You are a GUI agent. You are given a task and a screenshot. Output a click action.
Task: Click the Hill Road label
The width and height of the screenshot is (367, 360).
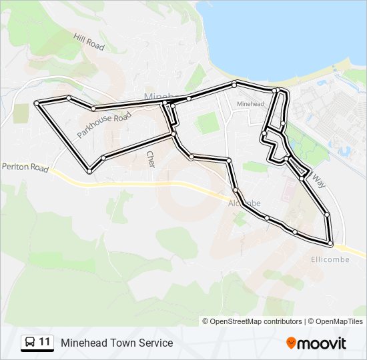[x=90, y=43]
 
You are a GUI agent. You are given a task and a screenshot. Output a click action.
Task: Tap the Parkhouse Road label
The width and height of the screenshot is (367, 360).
[x=103, y=125]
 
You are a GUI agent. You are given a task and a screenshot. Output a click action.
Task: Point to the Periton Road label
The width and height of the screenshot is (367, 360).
[x=25, y=167]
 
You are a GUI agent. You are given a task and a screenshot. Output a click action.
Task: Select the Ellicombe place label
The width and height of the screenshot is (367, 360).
[x=330, y=259]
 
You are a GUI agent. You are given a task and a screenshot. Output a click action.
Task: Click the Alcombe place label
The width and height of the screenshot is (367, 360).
[x=244, y=203]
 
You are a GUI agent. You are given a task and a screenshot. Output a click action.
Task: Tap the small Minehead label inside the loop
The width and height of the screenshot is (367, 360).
[x=250, y=105]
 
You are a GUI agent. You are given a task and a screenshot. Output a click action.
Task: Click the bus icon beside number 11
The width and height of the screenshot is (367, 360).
[x=30, y=343]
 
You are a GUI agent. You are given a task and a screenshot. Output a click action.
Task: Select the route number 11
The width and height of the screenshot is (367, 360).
[x=45, y=343]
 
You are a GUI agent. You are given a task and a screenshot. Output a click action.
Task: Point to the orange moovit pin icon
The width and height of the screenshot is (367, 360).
[x=291, y=343]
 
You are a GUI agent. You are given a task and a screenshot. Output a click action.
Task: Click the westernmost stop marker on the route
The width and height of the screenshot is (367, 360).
[x=37, y=103]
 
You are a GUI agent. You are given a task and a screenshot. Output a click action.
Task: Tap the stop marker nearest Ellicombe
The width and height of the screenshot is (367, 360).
[x=330, y=244]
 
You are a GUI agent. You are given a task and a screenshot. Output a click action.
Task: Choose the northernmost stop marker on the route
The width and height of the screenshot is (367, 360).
[x=234, y=83]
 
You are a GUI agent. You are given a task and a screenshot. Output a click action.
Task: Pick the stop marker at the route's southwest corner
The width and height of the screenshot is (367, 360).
[x=89, y=172]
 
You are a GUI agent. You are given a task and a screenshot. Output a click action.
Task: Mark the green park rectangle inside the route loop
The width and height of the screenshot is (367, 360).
[x=208, y=123]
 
